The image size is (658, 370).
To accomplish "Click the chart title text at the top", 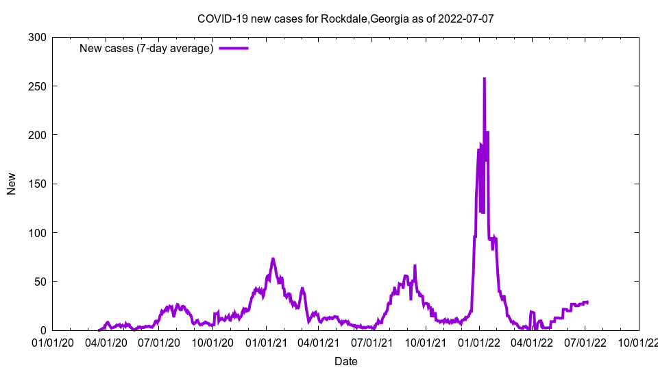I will click(x=345, y=19).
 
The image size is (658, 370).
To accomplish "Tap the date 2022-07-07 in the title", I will click(x=467, y=19).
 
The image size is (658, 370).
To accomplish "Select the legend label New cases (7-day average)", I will click(x=146, y=48).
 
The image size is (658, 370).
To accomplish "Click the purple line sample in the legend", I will click(x=233, y=48).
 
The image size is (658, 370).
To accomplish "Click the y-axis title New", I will click(x=12, y=184).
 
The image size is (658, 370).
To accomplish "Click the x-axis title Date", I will click(x=345, y=361).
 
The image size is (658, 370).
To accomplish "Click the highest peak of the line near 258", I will click(x=484, y=79).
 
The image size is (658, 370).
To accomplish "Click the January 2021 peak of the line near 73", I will click(x=273, y=259).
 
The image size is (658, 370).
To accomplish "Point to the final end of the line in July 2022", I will click(x=587, y=302).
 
